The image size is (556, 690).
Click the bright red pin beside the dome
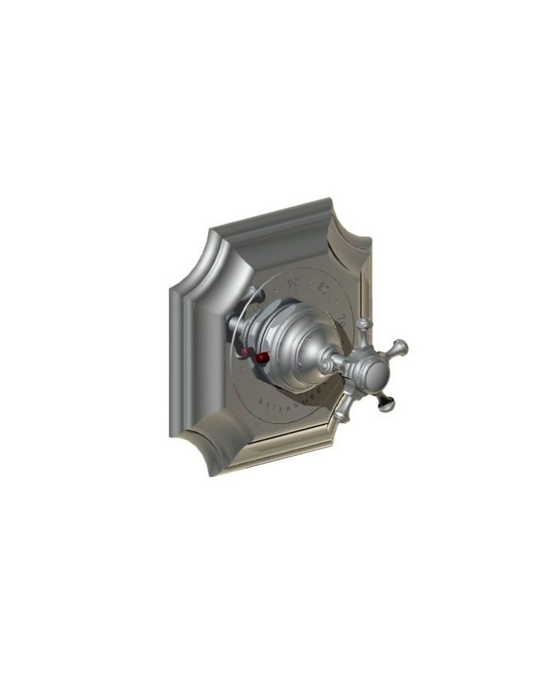click(x=260, y=358)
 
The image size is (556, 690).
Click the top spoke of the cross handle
click(x=365, y=329)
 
